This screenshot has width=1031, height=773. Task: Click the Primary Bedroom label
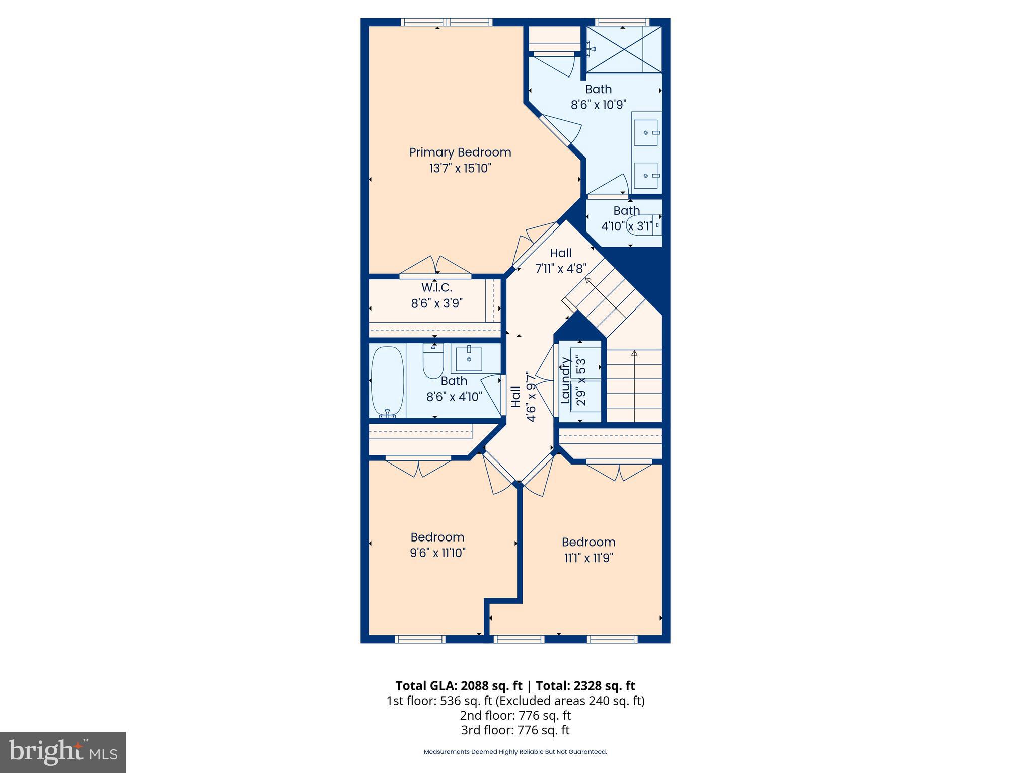460,152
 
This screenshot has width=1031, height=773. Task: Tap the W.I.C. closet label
436,288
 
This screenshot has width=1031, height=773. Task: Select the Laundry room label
565,380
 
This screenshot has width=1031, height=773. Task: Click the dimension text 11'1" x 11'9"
588,558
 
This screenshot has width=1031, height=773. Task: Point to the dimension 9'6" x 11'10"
437,553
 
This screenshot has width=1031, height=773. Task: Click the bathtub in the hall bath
387,381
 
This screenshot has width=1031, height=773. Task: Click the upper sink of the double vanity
645,133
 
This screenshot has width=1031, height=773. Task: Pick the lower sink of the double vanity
645,175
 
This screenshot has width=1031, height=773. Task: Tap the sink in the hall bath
469,359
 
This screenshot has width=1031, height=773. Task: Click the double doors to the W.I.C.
435,267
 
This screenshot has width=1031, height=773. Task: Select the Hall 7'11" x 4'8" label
560,260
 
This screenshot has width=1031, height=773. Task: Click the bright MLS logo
62,752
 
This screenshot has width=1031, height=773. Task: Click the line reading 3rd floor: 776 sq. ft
515,730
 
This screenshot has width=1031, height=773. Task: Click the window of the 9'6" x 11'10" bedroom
420,639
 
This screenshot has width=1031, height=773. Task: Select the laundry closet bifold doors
545,380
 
